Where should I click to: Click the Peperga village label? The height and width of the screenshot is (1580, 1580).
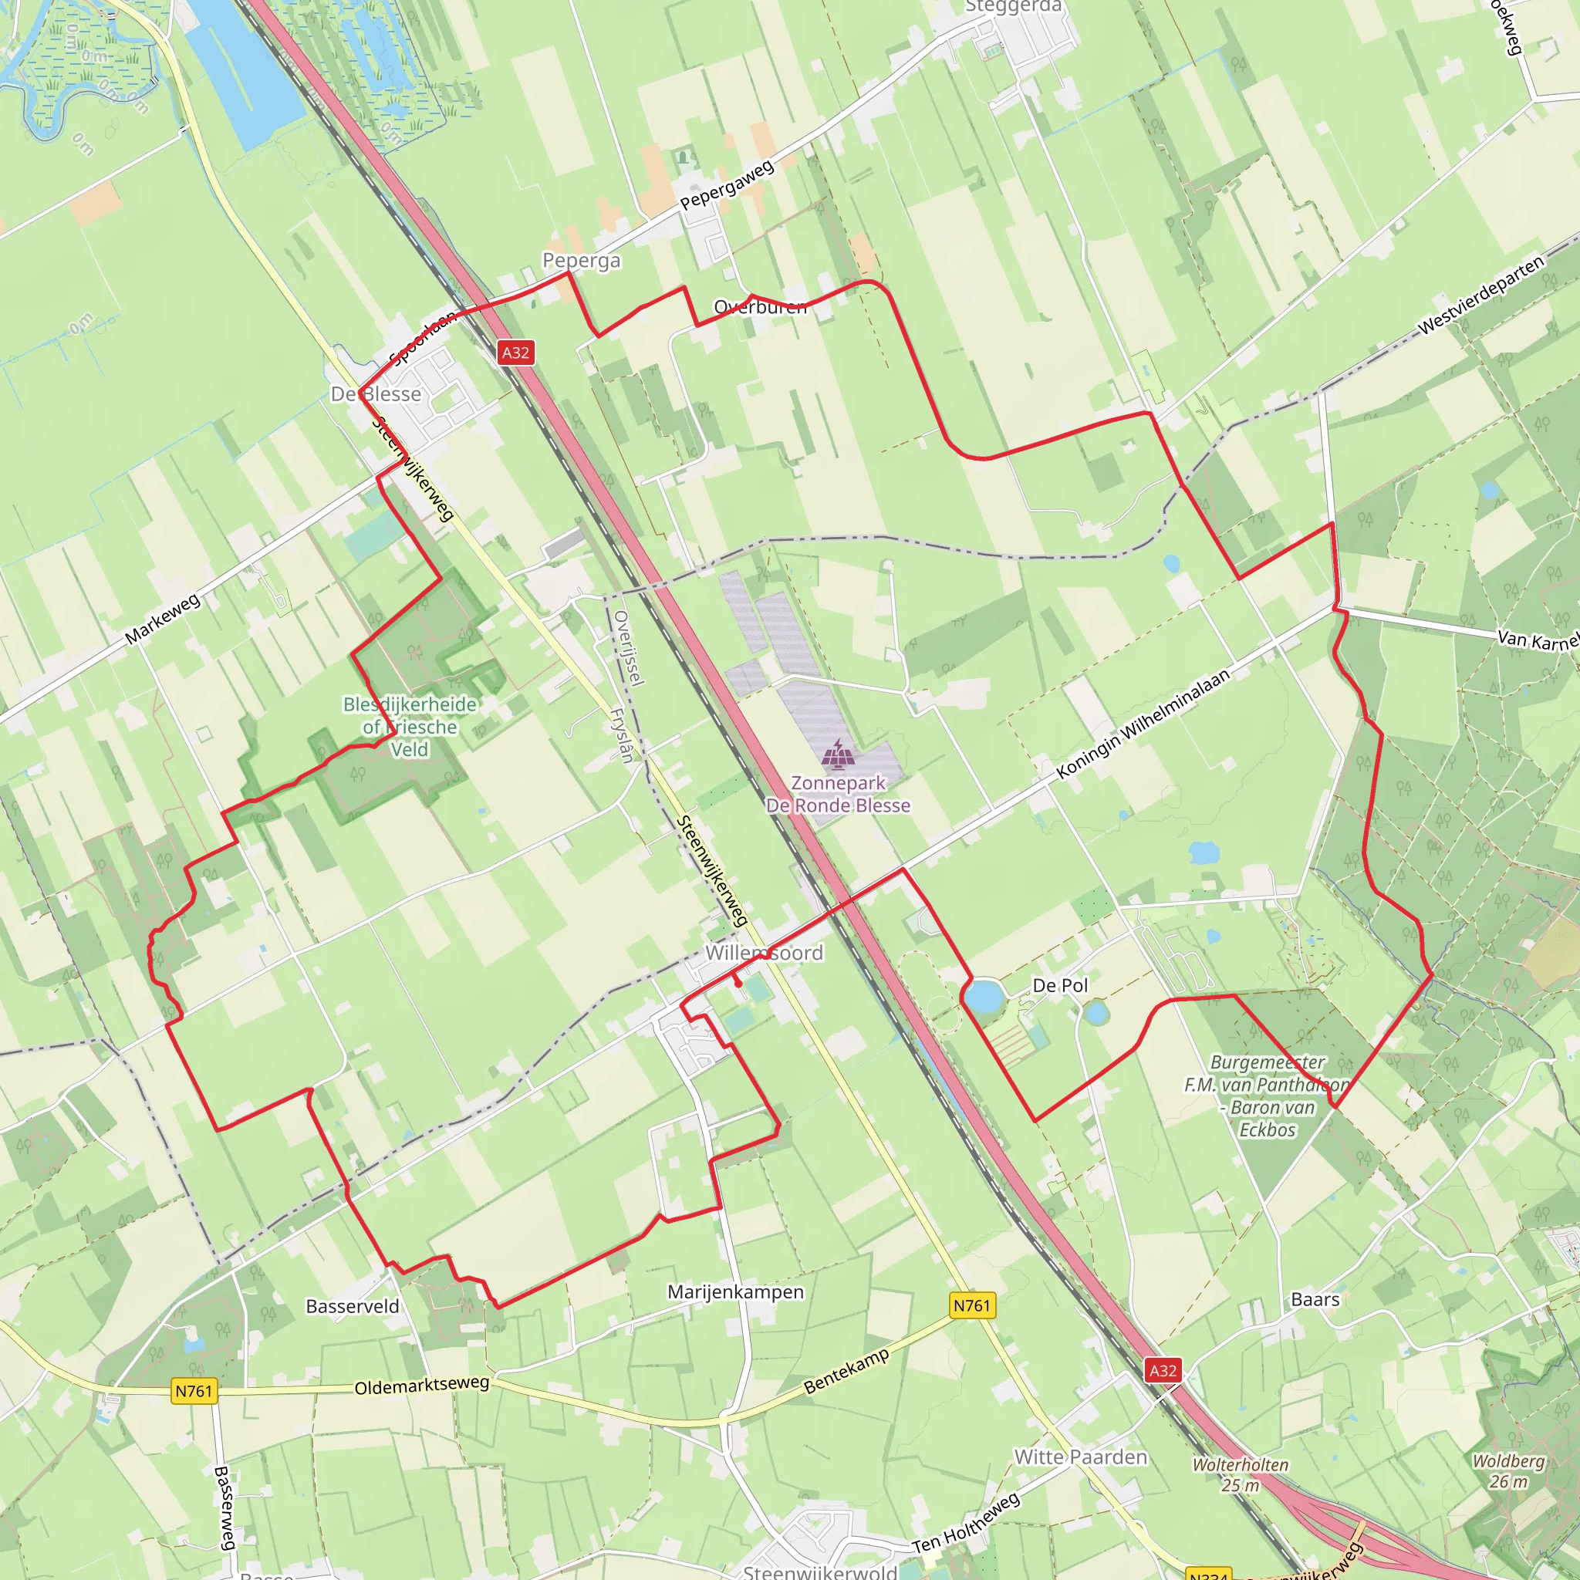point(582,260)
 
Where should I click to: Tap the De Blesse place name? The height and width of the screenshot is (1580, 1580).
point(376,394)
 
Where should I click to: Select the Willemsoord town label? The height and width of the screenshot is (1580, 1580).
point(764,953)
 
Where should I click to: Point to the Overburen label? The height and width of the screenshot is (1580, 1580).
point(760,307)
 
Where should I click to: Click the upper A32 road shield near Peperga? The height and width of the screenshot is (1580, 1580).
point(515,353)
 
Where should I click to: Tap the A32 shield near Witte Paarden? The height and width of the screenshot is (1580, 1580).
point(1163,1371)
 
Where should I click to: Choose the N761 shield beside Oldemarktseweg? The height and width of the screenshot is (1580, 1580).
point(194,1391)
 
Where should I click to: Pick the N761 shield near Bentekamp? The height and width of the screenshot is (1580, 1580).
point(971,1305)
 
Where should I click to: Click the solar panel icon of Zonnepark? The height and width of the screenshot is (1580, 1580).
point(837,754)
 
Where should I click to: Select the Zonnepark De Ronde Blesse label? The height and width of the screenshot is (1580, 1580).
point(839,794)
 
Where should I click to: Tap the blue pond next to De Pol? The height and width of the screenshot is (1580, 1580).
point(984,997)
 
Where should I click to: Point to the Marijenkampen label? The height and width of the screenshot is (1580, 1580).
point(735,1292)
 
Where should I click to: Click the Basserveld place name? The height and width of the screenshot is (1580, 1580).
point(353,1306)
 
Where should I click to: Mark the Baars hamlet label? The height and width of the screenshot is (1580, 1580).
point(1315,1299)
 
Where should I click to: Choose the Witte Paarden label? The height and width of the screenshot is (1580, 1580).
point(1080,1457)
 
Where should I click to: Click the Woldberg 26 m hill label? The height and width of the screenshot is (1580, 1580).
point(1508,1471)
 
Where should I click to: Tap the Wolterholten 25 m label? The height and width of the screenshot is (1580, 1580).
point(1240,1475)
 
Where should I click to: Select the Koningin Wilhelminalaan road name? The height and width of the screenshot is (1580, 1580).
point(1143,724)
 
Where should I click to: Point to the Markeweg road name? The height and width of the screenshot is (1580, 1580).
point(163,619)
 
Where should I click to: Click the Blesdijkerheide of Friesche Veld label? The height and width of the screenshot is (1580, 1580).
point(410,727)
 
